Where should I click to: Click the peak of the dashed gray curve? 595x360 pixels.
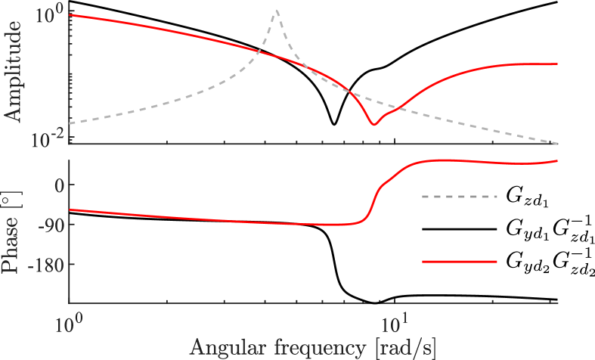(277, 11)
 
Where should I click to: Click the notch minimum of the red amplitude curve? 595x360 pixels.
(372, 125)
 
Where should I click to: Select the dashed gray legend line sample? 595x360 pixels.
(459, 197)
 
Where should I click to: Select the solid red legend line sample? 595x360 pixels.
(459, 261)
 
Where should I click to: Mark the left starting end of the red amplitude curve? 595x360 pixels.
(70, 14)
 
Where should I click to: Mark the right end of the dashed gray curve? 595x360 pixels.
(558, 143)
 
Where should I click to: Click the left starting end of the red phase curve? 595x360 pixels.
(70, 209)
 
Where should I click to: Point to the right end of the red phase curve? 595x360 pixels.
(558, 160)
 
